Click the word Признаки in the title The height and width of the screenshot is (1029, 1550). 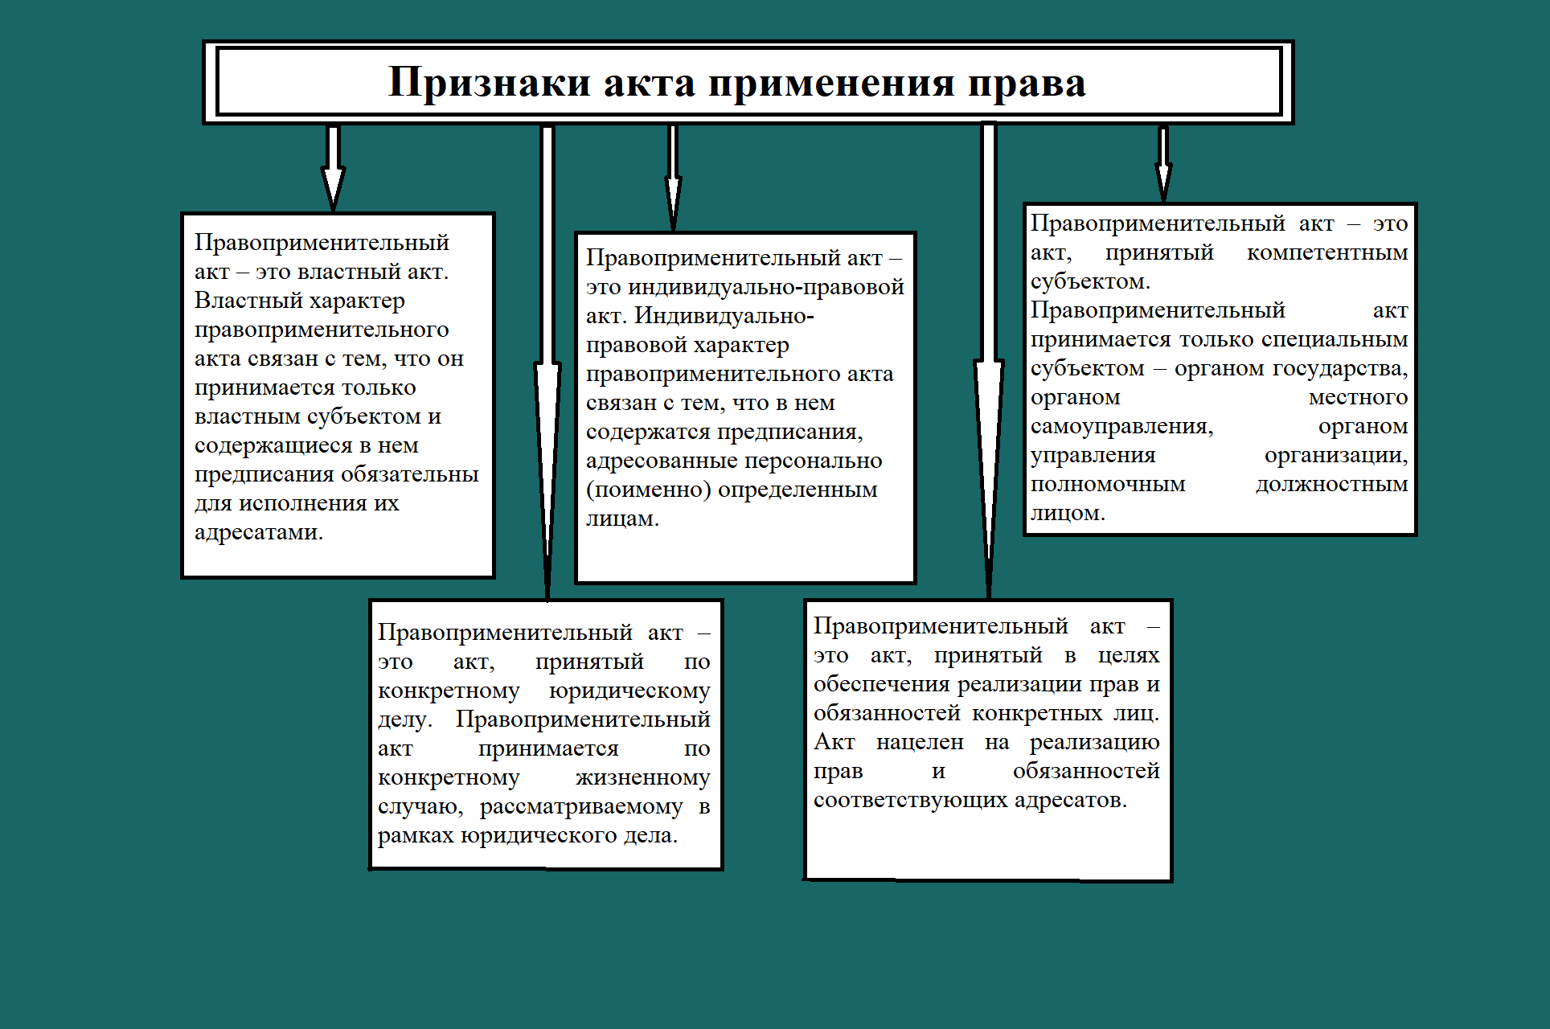[489, 83]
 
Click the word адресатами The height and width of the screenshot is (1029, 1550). [258, 532]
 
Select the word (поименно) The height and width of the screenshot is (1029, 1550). [648, 490]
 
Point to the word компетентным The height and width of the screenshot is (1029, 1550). [1327, 252]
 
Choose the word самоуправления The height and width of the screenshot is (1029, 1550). [1121, 426]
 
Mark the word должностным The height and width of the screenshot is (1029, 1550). [1331, 484]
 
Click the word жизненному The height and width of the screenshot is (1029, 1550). [642, 777]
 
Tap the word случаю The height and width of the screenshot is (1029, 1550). [420, 806]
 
